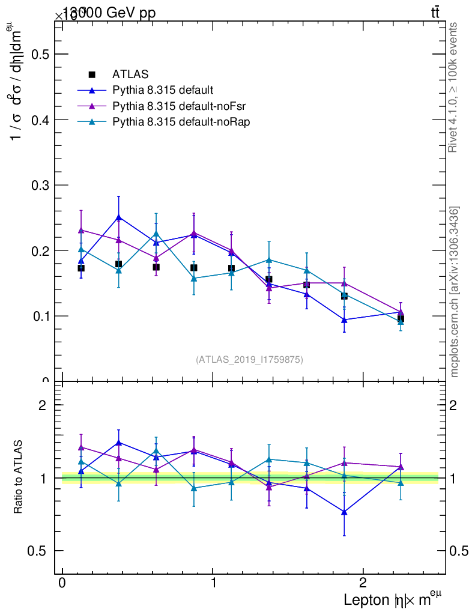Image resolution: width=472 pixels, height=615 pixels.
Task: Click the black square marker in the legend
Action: tap(92, 74)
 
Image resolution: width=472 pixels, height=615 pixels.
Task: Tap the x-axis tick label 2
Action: tap(363, 583)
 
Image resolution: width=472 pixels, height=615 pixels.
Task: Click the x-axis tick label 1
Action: tap(213, 583)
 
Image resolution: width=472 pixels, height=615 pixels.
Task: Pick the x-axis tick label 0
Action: tap(62, 583)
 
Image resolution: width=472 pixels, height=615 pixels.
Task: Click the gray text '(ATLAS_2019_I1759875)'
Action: tap(249, 360)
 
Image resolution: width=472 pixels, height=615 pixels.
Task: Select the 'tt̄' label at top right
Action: tap(435, 13)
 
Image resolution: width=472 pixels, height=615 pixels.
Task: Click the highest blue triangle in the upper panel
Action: tap(119, 217)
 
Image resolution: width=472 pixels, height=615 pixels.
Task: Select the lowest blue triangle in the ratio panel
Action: tap(344, 512)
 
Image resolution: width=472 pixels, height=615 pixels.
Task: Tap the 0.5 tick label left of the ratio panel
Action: tap(38, 551)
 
